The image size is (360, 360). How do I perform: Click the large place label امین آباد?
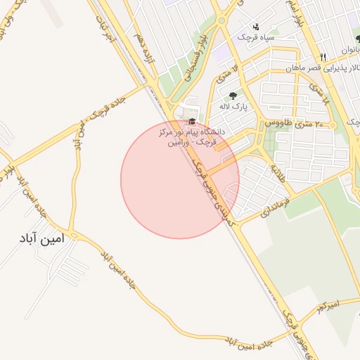coord(43,238)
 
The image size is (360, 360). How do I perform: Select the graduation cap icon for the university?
coord(193,122)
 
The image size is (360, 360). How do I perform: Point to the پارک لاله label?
coord(234,106)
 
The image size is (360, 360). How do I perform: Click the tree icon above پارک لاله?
coord(233,96)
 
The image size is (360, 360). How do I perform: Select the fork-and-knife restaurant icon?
coord(323,57)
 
